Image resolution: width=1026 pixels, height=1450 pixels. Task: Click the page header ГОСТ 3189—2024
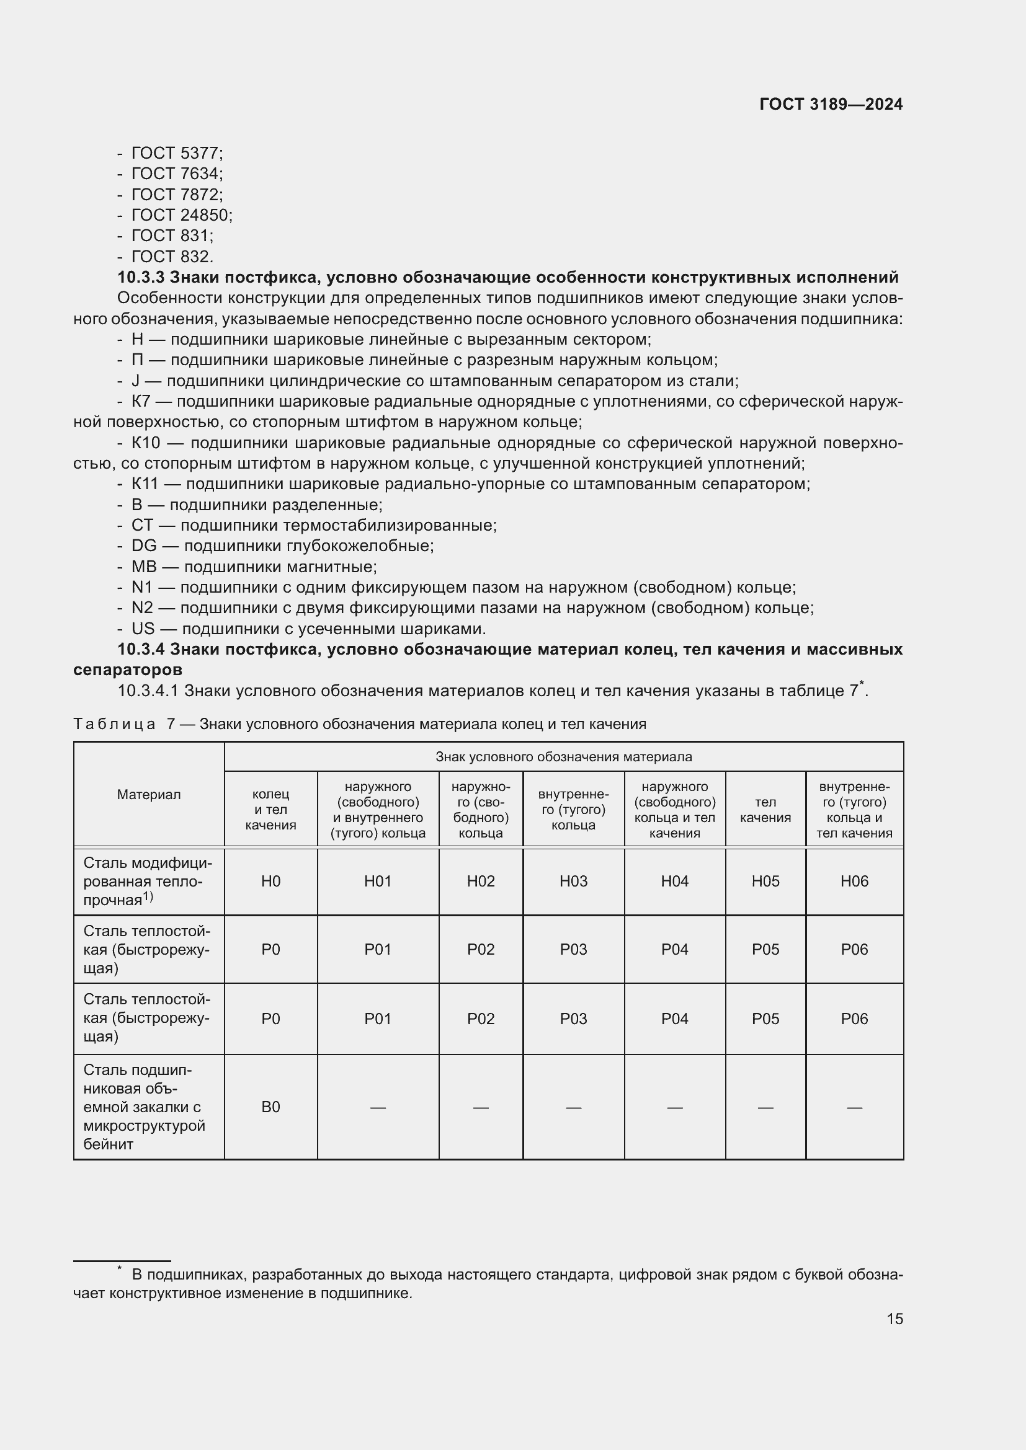tap(831, 105)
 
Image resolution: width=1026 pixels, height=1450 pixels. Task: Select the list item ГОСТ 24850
tap(181, 215)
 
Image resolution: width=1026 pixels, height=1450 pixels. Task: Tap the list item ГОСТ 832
tap(172, 257)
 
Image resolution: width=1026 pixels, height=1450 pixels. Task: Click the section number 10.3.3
tap(141, 277)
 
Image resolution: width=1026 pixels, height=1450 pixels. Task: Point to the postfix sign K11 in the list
tap(144, 484)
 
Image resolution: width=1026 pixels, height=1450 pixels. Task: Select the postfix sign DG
tap(143, 546)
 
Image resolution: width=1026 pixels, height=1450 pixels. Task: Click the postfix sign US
tap(143, 629)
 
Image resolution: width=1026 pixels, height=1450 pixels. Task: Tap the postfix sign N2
tap(142, 608)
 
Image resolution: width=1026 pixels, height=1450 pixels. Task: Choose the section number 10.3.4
tap(141, 649)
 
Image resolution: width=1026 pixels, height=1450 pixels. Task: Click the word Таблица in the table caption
tap(114, 724)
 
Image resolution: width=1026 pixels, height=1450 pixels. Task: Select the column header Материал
tap(148, 795)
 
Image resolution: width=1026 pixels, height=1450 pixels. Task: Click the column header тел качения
tap(765, 810)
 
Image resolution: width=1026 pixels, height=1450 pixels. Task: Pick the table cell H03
tap(573, 882)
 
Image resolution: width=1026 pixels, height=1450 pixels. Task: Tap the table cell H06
tap(854, 882)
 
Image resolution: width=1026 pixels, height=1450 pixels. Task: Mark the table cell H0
tap(270, 882)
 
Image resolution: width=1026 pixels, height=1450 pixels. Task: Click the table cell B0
tap(270, 1107)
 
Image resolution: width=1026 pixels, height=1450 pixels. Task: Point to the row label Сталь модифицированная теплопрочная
tap(146, 882)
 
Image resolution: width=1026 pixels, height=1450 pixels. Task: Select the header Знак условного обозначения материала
tap(563, 757)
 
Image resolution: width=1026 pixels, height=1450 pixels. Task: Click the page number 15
tap(894, 1319)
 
